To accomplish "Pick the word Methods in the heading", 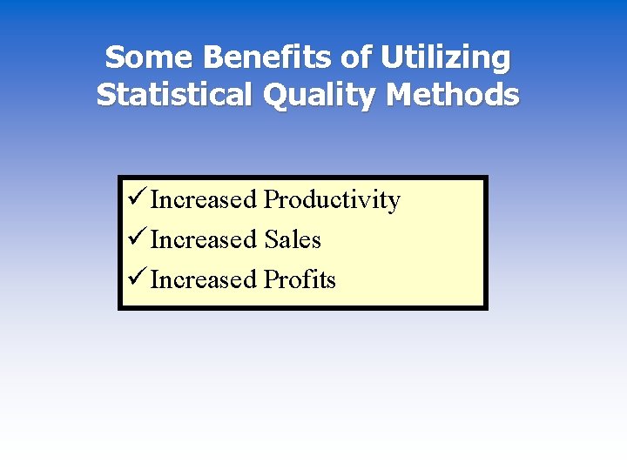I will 455,94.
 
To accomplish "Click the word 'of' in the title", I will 356,58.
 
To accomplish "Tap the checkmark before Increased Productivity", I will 136,199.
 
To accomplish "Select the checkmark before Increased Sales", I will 136,239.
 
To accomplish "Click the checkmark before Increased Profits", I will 136,279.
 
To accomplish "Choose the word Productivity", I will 332,201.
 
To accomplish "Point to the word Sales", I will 293,240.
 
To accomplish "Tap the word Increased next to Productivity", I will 204,200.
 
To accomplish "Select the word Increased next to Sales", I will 204,240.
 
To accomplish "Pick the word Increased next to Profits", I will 204,280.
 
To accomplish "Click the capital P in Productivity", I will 271,200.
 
